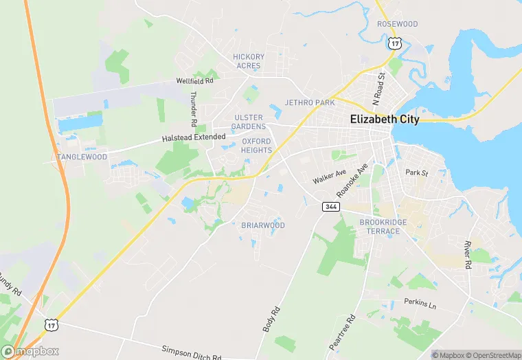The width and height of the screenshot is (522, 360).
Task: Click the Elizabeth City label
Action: click(383, 119)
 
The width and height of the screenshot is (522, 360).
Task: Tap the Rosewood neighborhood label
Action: click(397, 24)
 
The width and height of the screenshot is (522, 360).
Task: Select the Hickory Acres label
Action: click(249, 61)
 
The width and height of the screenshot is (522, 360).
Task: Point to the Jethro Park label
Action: click(309, 102)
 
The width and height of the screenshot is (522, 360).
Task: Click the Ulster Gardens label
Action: click(248, 122)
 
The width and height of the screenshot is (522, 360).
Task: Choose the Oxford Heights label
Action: click(256, 146)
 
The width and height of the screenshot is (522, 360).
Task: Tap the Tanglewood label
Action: click(82, 157)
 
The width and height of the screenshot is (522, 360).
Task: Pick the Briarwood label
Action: click(263, 225)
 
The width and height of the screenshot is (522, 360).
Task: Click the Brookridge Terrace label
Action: click(383, 227)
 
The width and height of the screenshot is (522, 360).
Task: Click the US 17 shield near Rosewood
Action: click(394, 43)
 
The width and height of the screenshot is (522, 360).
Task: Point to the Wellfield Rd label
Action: click(195, 80)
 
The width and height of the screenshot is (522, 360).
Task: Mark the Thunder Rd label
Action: click(194, 109)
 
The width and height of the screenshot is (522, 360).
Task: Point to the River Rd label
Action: click(467, 255)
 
